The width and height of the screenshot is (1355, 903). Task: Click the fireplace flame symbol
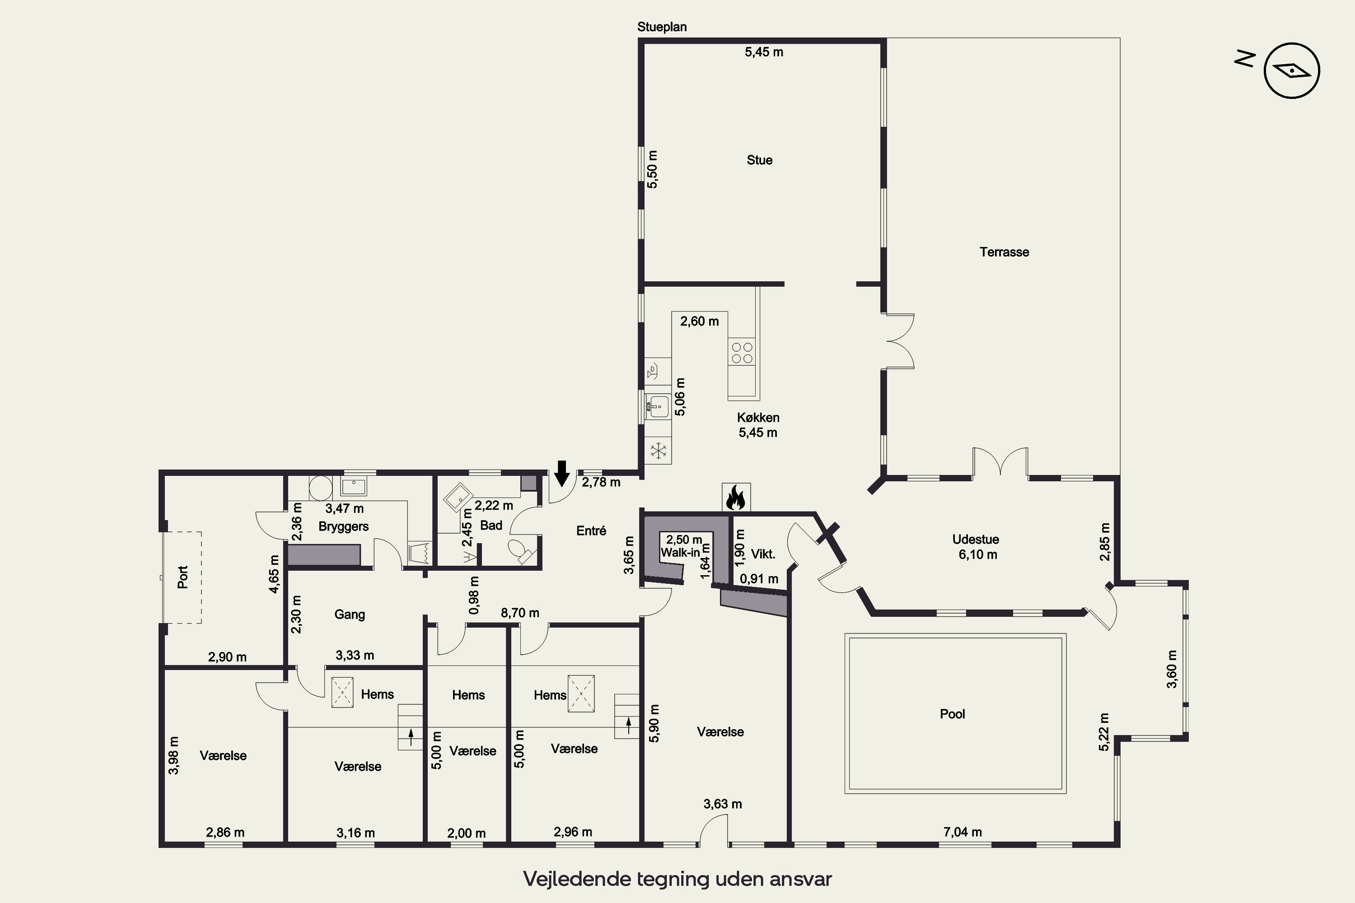[x=736, y=497]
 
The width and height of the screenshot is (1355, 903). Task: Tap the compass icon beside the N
[x=1292, y=71]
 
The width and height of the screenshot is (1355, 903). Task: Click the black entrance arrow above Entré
[x=562, y=473]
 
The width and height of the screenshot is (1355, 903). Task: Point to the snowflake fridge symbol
[x=658, y=450]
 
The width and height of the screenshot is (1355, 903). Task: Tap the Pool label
[x=952, y=714]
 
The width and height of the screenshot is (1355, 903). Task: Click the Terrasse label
[x=1004, y=251]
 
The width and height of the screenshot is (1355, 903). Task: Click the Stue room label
[x=759, y=160]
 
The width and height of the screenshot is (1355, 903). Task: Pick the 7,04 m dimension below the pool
[x=963, y=832]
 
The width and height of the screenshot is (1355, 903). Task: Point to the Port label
[x=182, y=577]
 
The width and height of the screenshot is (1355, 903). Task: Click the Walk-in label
[x=680, y=553]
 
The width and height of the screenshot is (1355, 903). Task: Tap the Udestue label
[x=975, y=540]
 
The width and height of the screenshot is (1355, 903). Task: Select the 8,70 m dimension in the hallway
[x=520, y=613]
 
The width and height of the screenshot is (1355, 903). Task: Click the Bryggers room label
[x=343, y=527]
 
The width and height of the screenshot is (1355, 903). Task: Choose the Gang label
[x=350, y=614]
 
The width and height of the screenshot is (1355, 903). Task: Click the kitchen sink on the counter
[x=657, y=405]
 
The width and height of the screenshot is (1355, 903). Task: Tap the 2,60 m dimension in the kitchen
[x=699, y=321]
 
